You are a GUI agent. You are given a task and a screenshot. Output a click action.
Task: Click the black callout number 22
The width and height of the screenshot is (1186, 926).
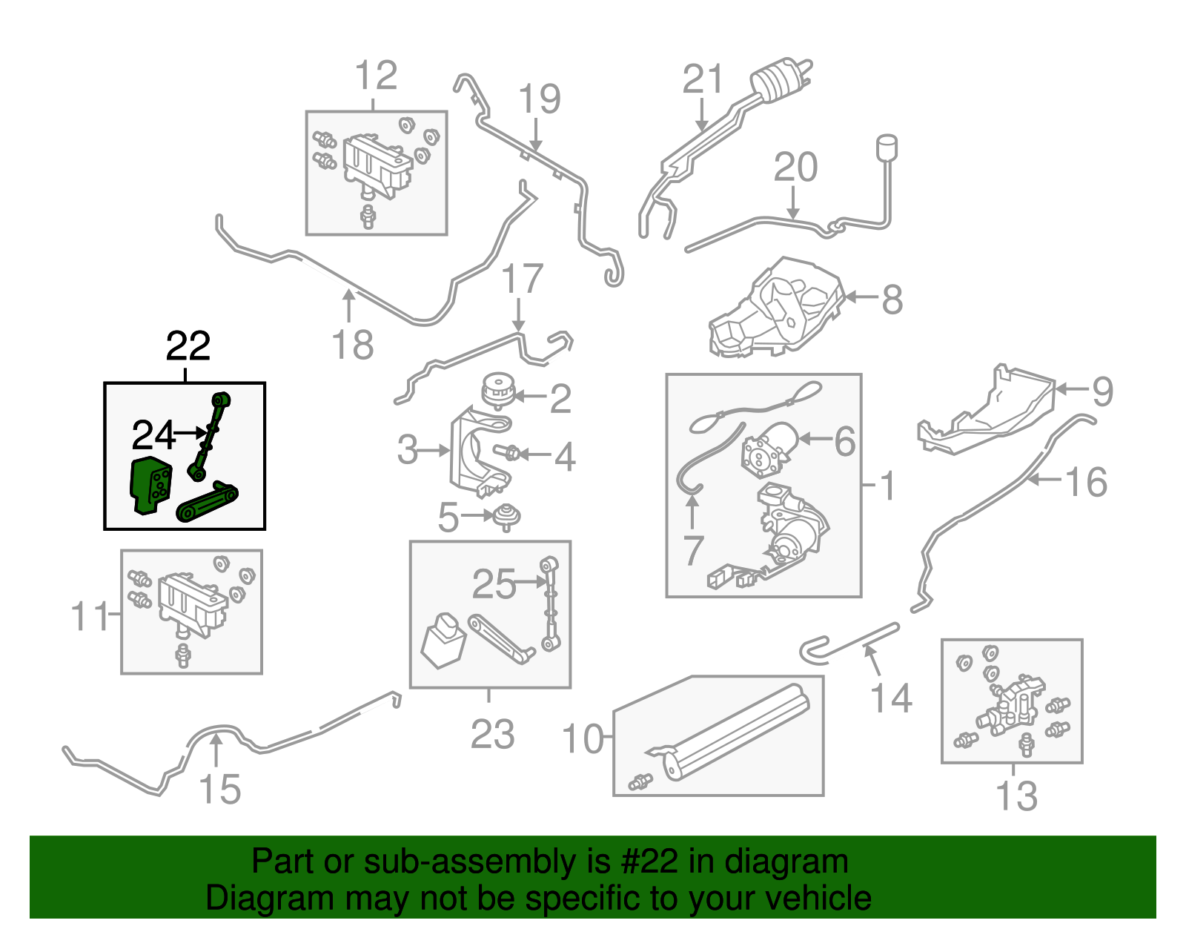pos(188,346)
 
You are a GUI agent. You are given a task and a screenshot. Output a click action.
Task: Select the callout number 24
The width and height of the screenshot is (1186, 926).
pos(153,435)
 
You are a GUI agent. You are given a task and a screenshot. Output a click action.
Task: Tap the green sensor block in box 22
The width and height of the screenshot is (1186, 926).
pos(151,485)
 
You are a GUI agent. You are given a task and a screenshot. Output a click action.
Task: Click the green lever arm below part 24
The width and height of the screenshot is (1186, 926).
pos(207,502)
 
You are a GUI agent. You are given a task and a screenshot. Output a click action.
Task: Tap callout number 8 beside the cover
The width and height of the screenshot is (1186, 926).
pos(892,300)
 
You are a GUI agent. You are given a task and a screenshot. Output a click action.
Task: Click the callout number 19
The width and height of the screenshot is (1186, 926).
pos(539,99)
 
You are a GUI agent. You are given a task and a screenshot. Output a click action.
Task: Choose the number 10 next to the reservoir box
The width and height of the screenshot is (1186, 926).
pos(583,739)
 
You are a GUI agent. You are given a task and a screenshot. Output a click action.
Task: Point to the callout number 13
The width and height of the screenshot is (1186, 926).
pos(1016,796)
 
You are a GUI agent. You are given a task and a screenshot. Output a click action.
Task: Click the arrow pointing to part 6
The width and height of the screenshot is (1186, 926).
pos(815,439)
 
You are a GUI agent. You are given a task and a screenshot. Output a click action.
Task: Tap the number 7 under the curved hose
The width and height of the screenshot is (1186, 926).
pos(693,550)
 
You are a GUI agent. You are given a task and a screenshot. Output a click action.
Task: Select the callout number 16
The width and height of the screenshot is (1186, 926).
pos(1086,483)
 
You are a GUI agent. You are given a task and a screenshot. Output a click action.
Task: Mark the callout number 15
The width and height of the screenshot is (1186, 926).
pos(220,789)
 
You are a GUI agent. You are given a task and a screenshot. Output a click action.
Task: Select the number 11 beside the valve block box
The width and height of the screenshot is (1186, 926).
pos(89,616)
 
